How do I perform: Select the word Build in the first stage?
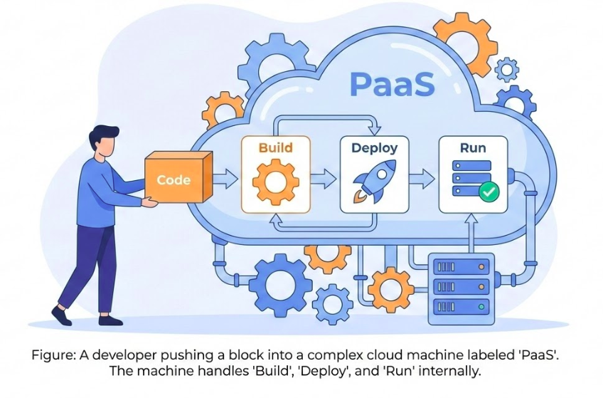275,148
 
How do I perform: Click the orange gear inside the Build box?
275,182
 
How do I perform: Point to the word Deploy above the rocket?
374,148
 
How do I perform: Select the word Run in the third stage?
473,148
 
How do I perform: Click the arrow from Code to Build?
225,179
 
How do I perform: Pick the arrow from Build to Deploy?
324,179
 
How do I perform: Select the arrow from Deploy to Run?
422,179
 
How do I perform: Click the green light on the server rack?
483,306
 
